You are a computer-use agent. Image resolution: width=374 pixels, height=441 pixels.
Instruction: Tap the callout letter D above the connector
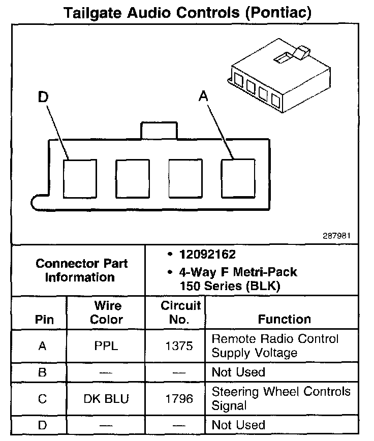click(x=43, y=97)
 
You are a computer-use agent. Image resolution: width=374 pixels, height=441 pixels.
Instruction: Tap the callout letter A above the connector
click(x=203, y=96)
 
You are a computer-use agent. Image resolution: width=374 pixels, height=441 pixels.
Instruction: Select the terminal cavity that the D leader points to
click(x=80, y=178)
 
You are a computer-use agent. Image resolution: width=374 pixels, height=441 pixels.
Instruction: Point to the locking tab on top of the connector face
click(x=159, y=131)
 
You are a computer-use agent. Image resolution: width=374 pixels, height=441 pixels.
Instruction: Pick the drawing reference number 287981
click(x=336, y=236)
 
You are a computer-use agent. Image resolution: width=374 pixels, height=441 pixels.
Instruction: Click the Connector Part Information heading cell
click(x=81, y=270)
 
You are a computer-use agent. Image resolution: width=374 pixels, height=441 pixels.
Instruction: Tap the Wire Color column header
click(x=107, y=312)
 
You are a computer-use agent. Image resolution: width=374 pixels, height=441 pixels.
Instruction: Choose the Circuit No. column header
click(x=175, y=312)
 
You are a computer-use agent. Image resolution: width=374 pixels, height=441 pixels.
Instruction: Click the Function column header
click(x=285, y=319)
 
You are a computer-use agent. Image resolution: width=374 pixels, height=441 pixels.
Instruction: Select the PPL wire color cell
click(x=106, y=346)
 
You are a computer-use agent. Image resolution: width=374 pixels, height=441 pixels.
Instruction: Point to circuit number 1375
click(x=179, y=346)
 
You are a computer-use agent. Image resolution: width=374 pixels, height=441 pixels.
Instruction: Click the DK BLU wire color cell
click(x=106, y=399)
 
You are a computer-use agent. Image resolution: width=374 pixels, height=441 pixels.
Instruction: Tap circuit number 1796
click(x=179, y=399)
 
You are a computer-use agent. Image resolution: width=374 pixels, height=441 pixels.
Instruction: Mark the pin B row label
click(x=43, y=372)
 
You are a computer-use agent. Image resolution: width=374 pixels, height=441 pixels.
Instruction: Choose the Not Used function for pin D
click(x=238, y=425)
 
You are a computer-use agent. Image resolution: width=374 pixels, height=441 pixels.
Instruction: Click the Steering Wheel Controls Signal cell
click(x=281, y=399)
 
